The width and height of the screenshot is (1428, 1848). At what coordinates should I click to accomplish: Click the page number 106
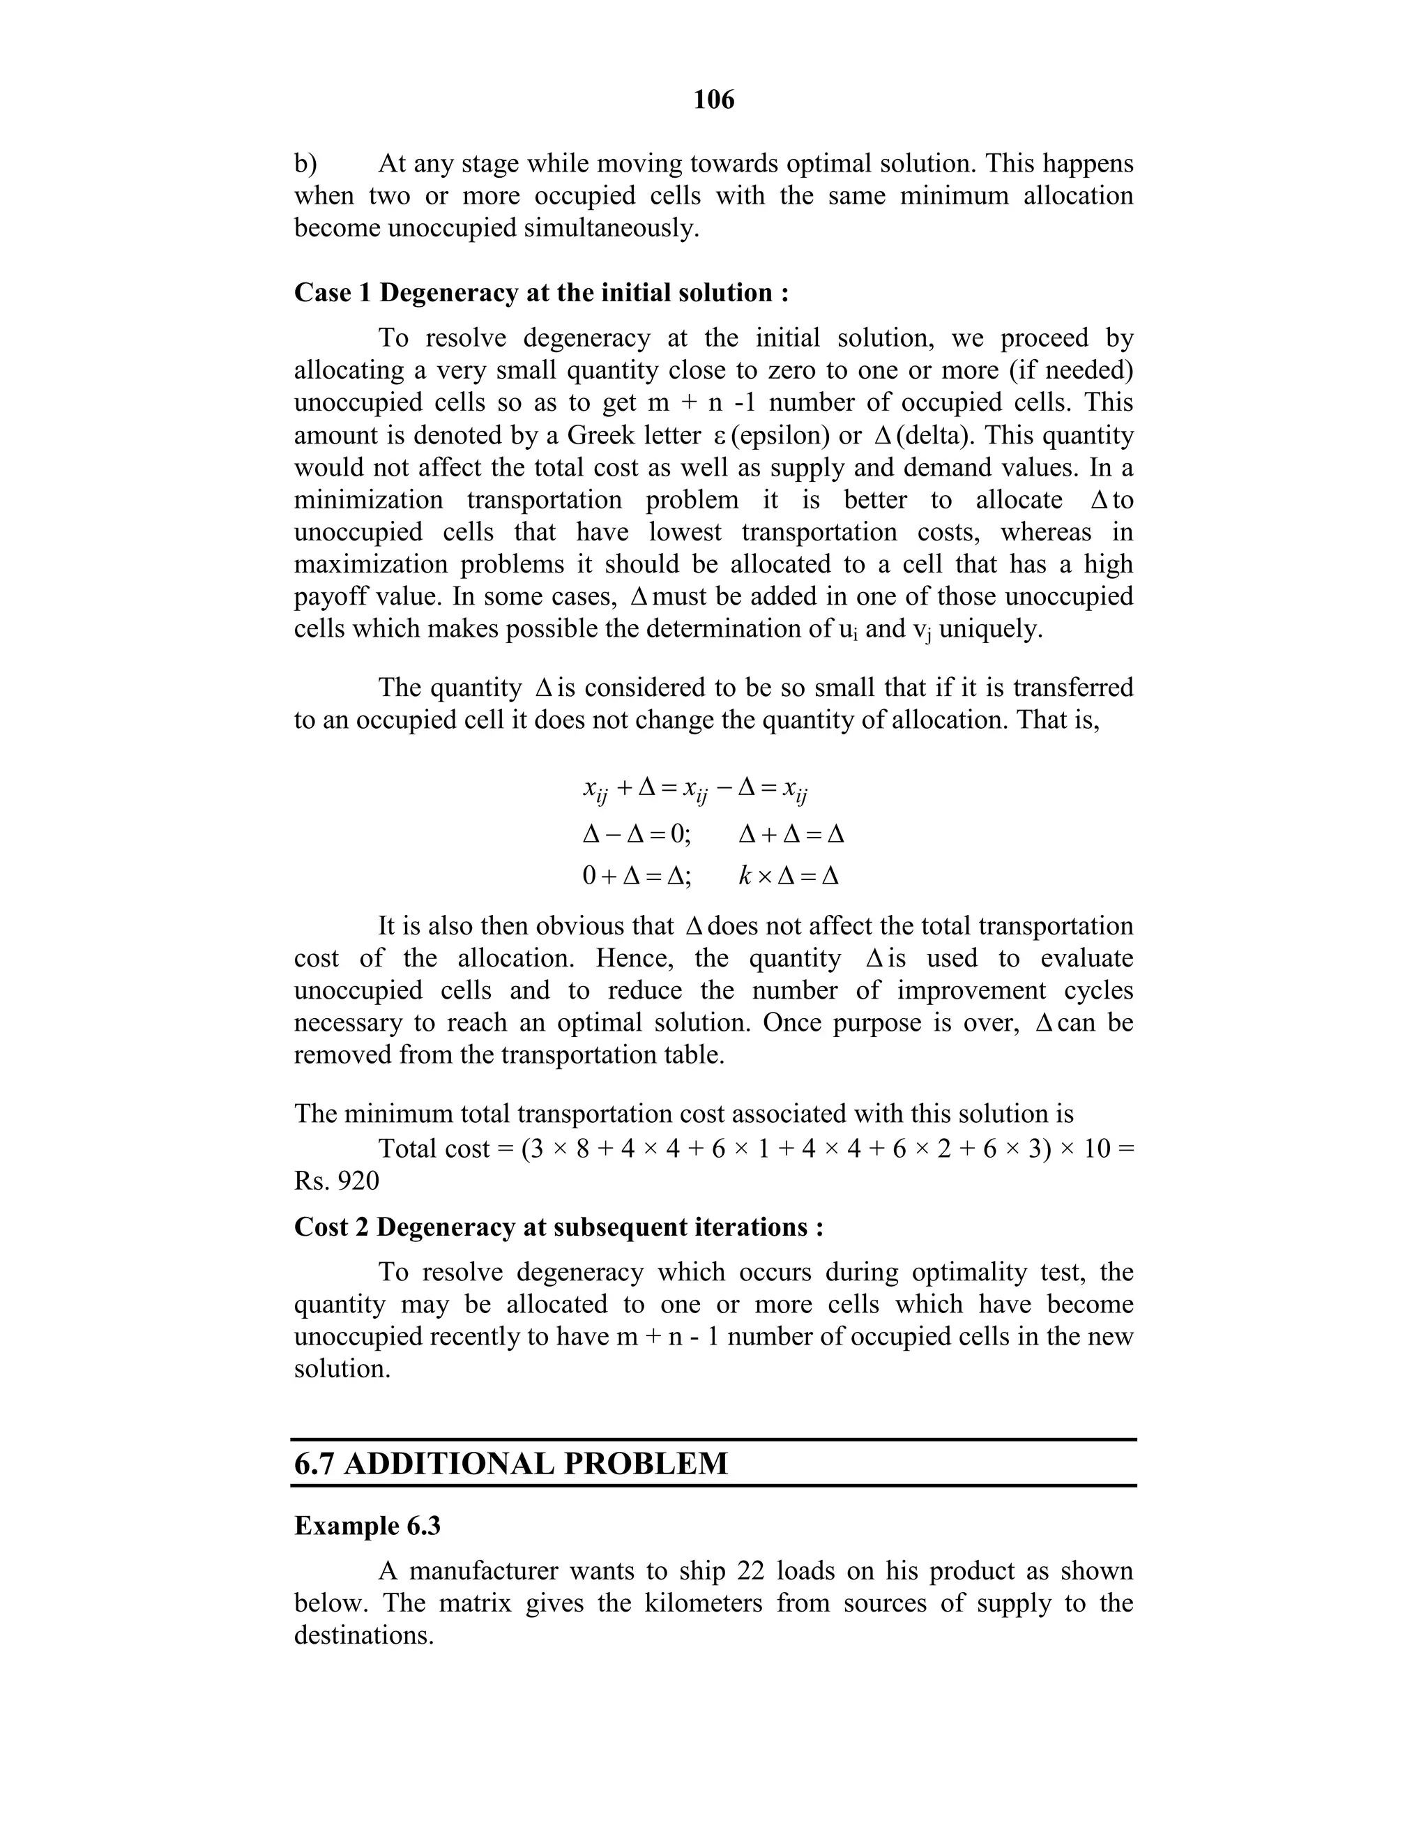click(713, 100)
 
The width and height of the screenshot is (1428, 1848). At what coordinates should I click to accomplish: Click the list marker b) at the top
click(305, 163)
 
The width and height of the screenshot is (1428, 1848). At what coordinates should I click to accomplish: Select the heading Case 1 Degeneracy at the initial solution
click(541, 293)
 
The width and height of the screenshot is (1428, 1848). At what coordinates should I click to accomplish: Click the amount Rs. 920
click(337, 1181)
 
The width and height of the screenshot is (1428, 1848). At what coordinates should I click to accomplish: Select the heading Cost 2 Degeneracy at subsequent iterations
click(559, 1227)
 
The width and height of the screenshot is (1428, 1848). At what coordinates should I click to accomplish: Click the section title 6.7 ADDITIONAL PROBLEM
click(511, 1463)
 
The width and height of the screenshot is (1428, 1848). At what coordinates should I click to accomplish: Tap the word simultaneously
click(611, 229)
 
